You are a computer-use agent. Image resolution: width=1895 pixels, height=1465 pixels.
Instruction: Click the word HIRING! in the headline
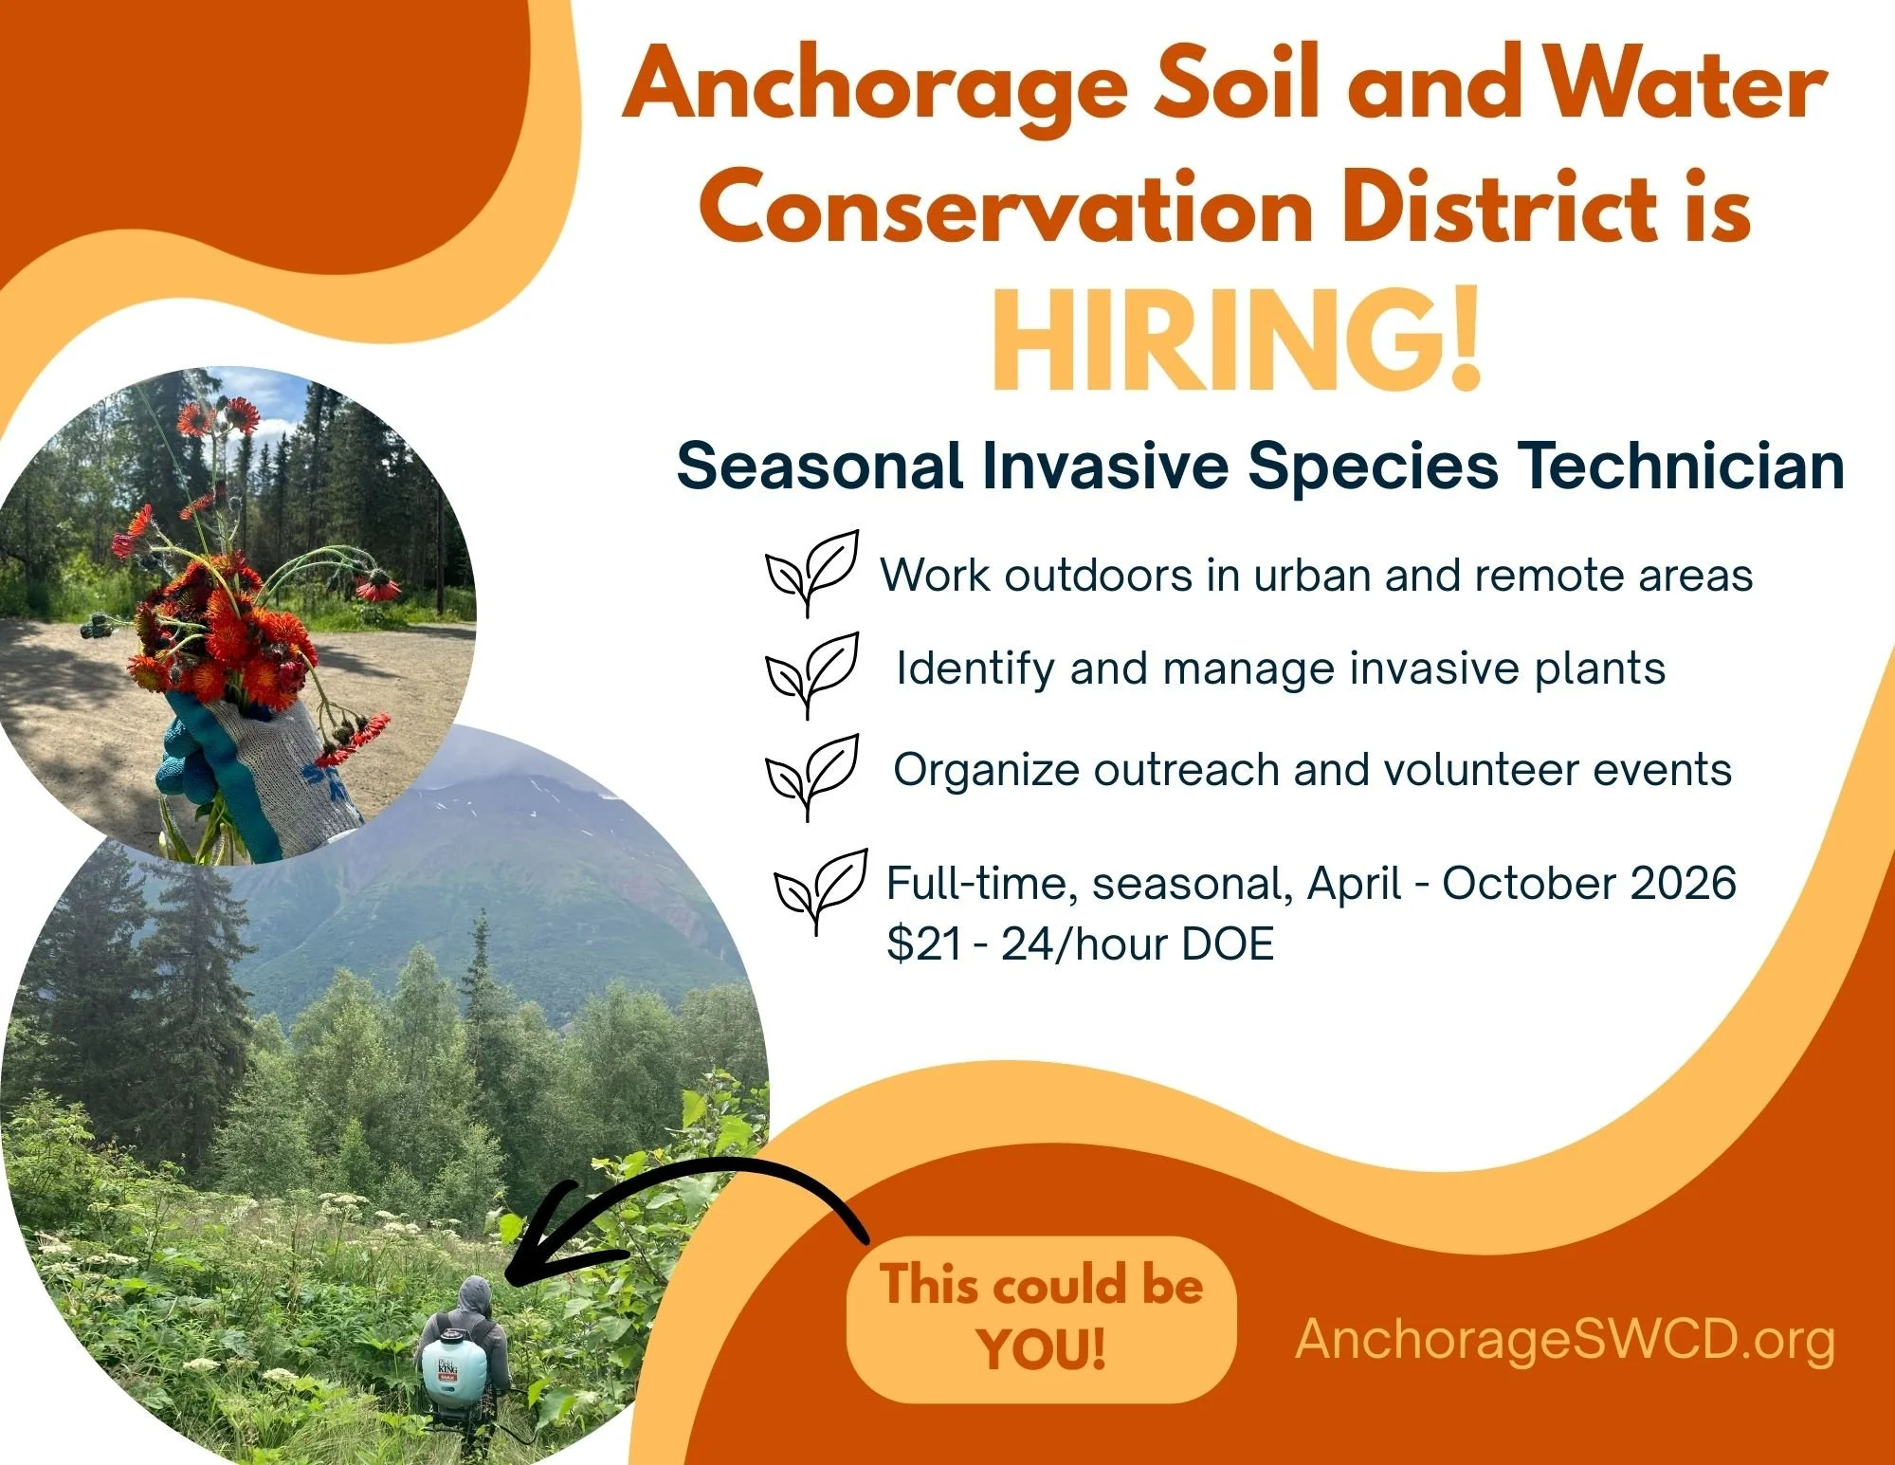tap(1235, 340)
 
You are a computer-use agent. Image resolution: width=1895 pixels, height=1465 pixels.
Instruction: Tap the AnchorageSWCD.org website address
tap(1565, 1341)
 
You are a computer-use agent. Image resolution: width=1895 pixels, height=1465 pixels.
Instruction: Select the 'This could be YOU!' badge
tap(1041, 1319)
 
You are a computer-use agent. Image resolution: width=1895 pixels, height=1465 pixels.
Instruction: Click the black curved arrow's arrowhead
tap(550, 1233)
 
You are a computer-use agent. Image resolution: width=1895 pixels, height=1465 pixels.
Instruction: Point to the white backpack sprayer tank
tap(453, 1370)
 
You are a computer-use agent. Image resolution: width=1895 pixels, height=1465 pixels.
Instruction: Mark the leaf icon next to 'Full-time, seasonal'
tap(821, 891)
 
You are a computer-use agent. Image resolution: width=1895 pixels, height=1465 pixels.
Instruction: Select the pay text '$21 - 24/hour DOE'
tap(1081, 944)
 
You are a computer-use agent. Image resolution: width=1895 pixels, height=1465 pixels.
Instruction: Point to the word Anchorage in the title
tap(874, 87)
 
